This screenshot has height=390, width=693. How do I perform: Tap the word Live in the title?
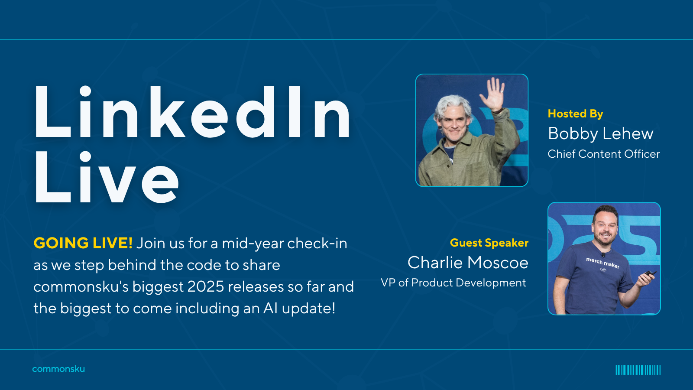[107, 177]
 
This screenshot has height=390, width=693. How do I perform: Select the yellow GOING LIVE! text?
[83, 243]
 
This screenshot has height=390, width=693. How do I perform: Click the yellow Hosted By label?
[576, 114]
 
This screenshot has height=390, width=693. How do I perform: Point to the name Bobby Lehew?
[600, 134]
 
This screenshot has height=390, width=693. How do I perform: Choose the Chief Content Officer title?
[604, 154]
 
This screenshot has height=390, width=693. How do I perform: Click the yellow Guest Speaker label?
[489, 243]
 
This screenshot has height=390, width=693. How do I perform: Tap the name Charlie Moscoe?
[468, 263]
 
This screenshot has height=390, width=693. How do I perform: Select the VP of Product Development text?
[453, 283]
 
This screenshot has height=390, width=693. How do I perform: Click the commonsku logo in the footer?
[58, 369]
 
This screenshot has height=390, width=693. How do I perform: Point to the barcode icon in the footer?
[638, 370]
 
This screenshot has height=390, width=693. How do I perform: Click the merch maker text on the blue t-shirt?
[602, 263]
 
